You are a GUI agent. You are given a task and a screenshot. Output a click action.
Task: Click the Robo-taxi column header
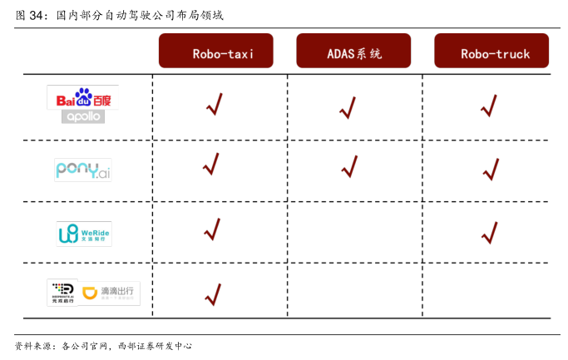pos(217,52)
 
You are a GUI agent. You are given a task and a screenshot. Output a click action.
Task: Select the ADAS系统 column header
pos(353,52)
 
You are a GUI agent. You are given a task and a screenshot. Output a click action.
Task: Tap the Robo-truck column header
pos(491,52)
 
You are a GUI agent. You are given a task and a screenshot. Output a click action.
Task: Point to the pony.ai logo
pos(82,170)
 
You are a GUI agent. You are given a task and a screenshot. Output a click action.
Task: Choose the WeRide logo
pos(83,234)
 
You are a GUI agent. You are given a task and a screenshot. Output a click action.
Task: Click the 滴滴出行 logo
pos(111,293)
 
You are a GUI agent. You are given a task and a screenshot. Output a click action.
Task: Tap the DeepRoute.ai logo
pos(62,293)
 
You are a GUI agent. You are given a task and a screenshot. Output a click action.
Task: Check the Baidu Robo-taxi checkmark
pos(214,105)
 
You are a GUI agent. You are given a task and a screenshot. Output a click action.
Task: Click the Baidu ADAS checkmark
pos(348,107)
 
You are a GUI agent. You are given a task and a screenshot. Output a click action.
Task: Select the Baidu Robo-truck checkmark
pos(489,106)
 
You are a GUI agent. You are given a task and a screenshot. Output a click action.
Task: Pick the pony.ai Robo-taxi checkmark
pos(211,165)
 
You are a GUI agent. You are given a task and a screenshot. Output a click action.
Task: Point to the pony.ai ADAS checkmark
pos(350,166)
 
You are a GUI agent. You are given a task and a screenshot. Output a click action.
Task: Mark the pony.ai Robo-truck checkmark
pos(491,170)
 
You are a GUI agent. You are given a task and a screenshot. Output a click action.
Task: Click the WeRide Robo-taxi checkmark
pos(212,229)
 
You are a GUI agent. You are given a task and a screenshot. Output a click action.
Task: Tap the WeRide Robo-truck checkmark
pos(490,233)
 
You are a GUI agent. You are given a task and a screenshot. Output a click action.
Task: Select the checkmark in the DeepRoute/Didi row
pos(212,294)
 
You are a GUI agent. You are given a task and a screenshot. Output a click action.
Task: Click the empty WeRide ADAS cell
pos(355,232)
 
